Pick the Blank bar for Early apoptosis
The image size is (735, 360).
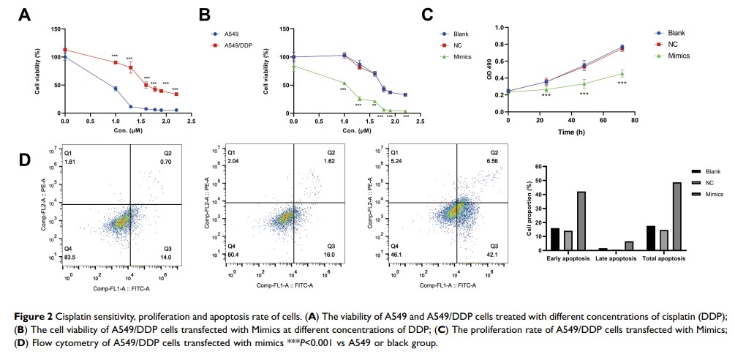pyautogui.click(x=555, y=240)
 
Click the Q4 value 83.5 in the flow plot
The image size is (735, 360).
pyautogui.click(x=72, y=258)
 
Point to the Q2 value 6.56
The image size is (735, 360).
pyautogui.click(x=494, y=162)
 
